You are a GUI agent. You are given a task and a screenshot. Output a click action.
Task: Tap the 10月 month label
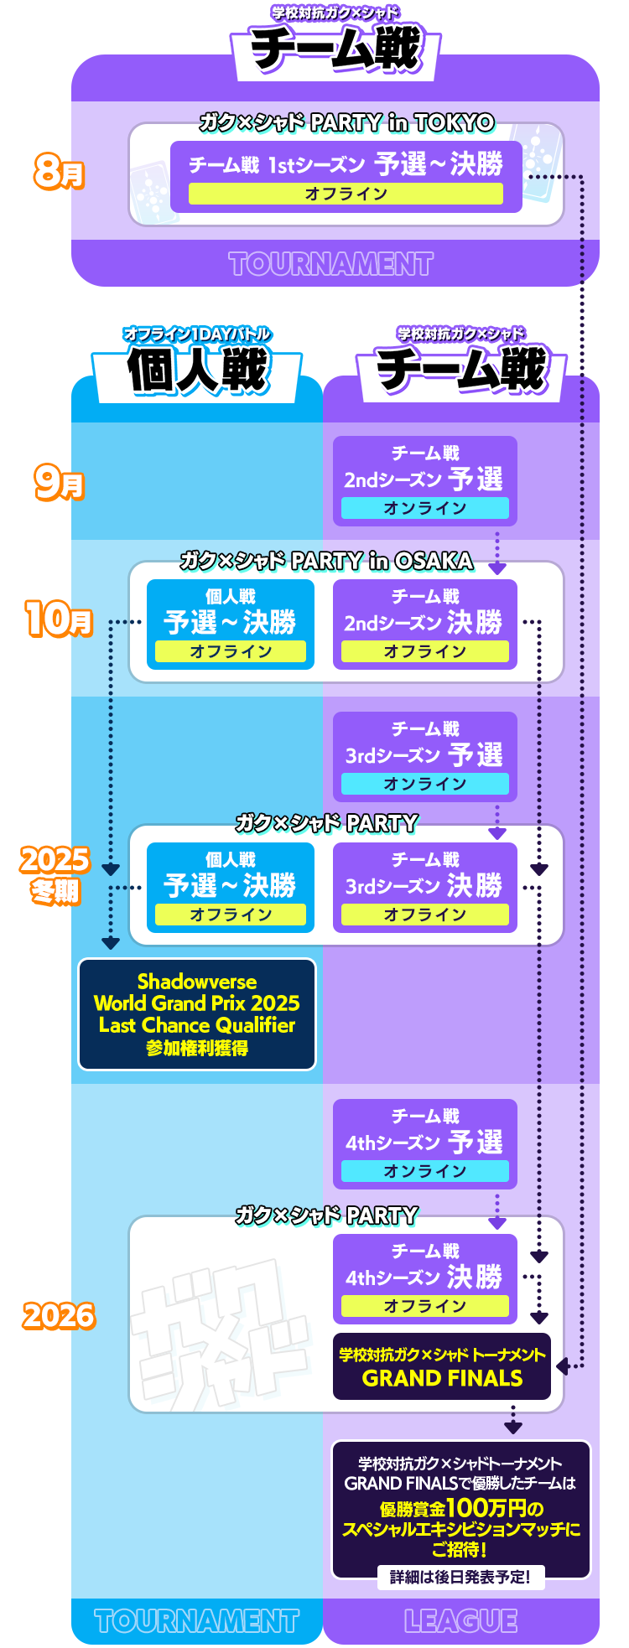58,619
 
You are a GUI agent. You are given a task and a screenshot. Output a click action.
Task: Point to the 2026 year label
59,1316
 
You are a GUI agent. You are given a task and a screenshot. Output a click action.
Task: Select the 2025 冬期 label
55,874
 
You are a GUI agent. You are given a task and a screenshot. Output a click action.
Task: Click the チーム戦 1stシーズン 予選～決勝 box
346,176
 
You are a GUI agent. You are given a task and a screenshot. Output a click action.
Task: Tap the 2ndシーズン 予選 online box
424,481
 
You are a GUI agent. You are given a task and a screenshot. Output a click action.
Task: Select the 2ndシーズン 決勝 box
424,624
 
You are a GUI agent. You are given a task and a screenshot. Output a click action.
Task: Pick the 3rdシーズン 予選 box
424,757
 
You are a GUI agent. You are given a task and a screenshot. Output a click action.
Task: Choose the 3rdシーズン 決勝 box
424,888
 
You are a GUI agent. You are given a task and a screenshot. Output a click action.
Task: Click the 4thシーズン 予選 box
424,1144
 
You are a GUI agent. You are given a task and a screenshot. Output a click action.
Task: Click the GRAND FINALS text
442,1378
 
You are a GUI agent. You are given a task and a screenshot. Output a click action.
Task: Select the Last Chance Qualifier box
197,1014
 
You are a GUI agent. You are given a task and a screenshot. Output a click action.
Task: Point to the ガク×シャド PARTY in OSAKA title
326,561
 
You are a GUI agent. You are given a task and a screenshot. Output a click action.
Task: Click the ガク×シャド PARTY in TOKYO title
346,123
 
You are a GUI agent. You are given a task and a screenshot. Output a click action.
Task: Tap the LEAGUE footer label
460,1620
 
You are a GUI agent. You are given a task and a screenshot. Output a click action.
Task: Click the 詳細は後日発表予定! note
460,1577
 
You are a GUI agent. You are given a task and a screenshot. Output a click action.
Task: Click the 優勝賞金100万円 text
460,1509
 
